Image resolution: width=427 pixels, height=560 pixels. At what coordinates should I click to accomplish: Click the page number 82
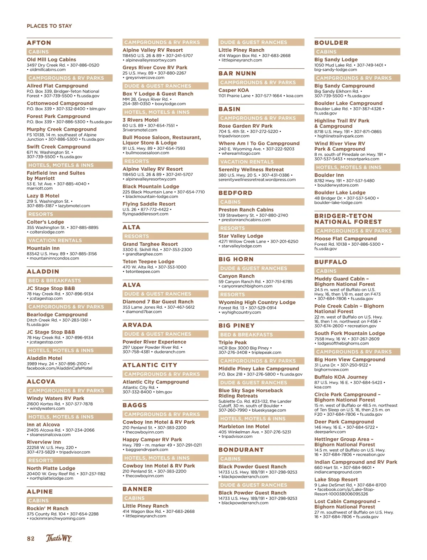click(31, 538)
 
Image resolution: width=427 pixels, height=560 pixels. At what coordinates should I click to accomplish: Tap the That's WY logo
click(59, 538)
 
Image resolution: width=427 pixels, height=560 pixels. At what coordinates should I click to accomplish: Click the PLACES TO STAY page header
click(49, 26)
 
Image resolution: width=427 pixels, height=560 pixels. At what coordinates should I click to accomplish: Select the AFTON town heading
click(39, 43)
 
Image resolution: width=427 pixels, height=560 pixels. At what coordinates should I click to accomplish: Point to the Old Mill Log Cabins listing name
click(51, 60)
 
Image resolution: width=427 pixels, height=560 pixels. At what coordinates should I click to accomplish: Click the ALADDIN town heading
click(43, 271)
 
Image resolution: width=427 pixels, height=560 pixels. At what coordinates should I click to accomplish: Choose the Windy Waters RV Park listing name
click(55, 398)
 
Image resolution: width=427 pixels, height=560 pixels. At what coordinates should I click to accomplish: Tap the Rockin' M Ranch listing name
click(47, 508)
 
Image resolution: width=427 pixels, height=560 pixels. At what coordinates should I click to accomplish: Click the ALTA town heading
click(131, 227)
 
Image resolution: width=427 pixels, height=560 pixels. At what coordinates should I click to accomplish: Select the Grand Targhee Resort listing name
click(150, 244)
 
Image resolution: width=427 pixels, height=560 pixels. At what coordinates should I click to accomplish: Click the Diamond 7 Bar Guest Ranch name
click(158, 302)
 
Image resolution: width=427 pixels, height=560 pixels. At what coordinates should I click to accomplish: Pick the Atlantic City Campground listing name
click(155, 382)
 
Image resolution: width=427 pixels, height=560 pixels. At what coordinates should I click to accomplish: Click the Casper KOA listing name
click(233, 90)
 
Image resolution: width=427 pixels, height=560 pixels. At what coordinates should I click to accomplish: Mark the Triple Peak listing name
click(232, 342)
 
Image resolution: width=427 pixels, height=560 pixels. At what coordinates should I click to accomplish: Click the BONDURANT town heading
click(241, 450)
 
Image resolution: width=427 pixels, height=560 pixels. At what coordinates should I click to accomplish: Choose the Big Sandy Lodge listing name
click(336, 60)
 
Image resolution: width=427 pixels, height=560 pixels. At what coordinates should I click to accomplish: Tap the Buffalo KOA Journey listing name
click(341, 377)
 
